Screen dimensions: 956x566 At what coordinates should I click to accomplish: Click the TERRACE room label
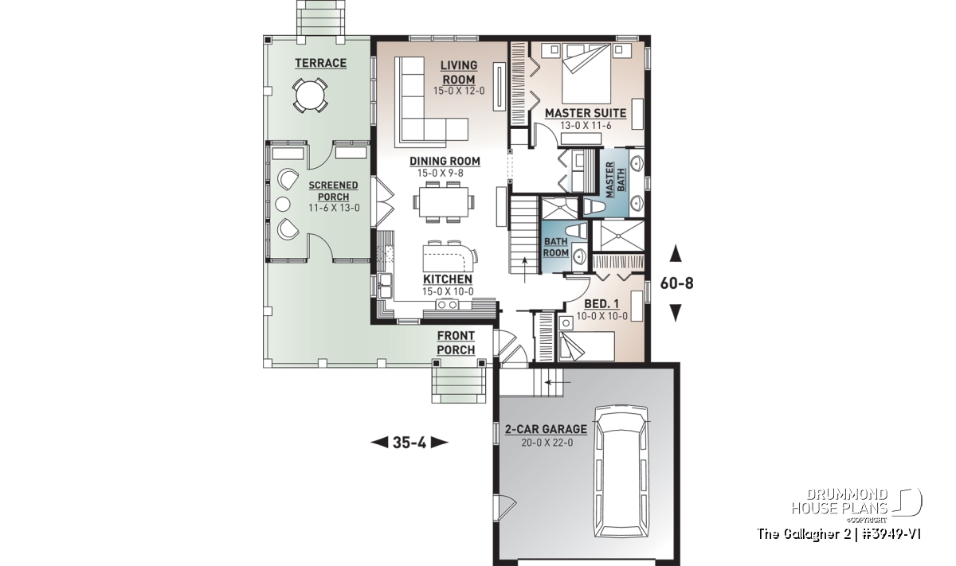click(320, 63)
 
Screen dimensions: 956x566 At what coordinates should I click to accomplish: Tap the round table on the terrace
click(310, 95)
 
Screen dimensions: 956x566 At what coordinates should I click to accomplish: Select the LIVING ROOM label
click(459, 72)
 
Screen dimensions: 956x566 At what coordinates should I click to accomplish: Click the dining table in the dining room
click(444, 201)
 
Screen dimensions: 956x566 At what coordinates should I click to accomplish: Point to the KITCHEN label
click(448, 279)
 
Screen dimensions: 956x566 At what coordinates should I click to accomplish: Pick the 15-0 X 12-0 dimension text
click(459, 91)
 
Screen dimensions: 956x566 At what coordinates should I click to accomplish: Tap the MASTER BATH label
click(615, 180)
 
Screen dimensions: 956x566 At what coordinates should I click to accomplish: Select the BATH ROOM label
click(556, 247)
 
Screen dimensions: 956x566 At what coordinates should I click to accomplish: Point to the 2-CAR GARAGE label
click(546, 429)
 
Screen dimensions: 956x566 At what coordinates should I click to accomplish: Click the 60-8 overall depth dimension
click(676, 283)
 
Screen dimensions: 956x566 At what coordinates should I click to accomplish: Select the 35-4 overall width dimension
click(409, 443)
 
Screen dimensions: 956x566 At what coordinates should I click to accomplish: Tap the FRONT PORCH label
click(456, 343)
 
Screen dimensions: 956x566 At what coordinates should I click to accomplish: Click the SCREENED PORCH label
click(333, 191)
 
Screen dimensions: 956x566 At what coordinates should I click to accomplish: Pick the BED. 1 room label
click(601, 303)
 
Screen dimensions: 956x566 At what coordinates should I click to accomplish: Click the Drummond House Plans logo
click(856, 505)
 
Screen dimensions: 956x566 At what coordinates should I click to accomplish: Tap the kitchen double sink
click(385, 285)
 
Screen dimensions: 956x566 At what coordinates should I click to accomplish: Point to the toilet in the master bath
click(594, 207)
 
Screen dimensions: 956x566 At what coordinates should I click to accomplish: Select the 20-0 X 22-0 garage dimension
click(547, 443)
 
